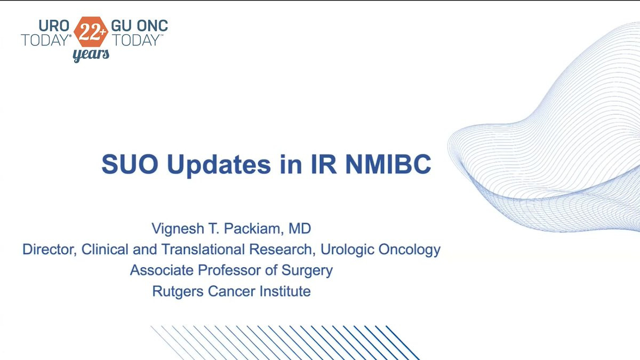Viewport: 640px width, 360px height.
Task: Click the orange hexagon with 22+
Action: [91, 31]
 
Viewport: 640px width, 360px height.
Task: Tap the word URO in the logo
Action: [54, 26]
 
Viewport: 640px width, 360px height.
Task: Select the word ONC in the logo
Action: [153, 26]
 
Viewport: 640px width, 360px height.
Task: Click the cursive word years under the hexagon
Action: [91, 54]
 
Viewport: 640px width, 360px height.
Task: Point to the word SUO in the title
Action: [130, 164]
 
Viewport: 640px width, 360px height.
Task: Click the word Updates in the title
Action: [219, 165]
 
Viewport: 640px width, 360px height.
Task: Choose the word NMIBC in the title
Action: [388, 164]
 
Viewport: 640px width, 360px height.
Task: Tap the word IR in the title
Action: [324, 164]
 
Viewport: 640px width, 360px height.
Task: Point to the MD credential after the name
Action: [300, 229]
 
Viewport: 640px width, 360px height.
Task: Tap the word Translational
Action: [203, 249]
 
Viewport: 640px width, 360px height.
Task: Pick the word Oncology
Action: [410, 250]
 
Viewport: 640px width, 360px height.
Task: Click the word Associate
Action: [162, 270]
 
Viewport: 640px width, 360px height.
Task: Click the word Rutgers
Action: [178, 292]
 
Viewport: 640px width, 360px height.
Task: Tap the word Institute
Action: [285, 291]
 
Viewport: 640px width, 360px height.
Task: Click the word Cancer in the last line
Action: [231, 291]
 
